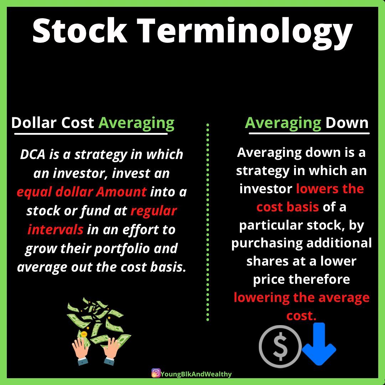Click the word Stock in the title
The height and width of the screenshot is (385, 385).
coord(80,30)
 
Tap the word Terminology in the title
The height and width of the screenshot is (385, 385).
coord(245,34)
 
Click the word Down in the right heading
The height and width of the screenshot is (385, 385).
coord(347,123)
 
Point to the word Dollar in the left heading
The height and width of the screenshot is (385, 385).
coord(34,123)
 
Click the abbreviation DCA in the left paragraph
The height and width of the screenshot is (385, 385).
coord(33,154)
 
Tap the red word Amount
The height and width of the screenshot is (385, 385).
coord(121,192)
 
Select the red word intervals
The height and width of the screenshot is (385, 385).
coord(55,230)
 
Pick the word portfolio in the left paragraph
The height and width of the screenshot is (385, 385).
coord(122,249)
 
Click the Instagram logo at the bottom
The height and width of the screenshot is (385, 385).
coord(156,373)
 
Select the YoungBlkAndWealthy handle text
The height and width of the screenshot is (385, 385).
coord(196,374)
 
